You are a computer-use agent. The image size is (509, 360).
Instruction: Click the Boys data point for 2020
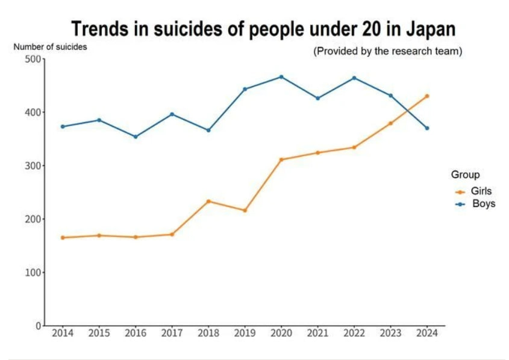[281, 77]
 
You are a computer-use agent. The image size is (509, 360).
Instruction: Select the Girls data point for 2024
[427, 96]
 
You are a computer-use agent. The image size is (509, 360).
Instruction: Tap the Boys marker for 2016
[136, 137]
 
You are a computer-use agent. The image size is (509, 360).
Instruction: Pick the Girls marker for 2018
[208, 201]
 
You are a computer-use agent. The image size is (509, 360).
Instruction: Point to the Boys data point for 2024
[427, 128]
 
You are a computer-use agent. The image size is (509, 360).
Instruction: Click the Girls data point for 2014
[63, 237]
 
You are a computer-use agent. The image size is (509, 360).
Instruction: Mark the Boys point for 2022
[354, 78]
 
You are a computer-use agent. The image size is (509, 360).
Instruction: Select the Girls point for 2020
[281, 160]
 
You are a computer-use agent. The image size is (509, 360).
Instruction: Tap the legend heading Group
[466, 175]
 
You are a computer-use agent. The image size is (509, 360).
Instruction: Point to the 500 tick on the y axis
[33, 59]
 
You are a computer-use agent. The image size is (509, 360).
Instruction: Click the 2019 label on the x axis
[245, 333]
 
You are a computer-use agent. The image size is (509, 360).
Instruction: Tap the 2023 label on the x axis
[390, 333]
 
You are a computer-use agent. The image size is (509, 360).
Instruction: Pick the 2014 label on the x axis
[63, 333]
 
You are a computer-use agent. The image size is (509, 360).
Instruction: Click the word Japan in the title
[422, 28]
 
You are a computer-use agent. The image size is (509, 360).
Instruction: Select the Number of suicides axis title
[50, 46]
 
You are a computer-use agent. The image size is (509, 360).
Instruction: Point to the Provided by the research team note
[387, 51]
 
